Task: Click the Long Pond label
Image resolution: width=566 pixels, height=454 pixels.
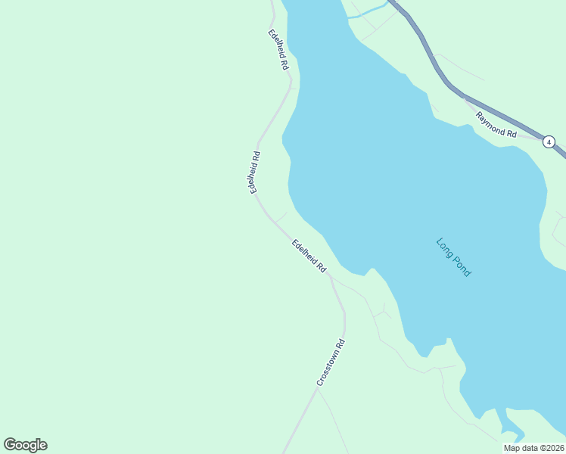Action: click(453, 257)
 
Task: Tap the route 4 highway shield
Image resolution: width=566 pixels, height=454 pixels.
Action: click(549, 141)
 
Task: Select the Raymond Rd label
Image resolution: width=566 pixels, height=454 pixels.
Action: click(496, 125)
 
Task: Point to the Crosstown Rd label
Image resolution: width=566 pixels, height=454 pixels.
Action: click(331, 363)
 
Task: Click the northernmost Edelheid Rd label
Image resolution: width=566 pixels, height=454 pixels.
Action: click(278, 50)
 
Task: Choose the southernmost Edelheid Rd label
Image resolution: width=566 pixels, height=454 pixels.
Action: click(309, 257)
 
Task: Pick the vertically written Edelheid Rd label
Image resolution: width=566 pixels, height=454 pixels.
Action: click(256, 173)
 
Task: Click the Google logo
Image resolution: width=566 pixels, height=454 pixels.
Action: click(25, 445)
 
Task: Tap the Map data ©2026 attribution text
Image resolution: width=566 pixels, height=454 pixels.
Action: click(533, 448)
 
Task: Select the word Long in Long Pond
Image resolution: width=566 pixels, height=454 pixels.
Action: click(445, 247)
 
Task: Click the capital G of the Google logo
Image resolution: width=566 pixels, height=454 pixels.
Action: click(11, 445)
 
